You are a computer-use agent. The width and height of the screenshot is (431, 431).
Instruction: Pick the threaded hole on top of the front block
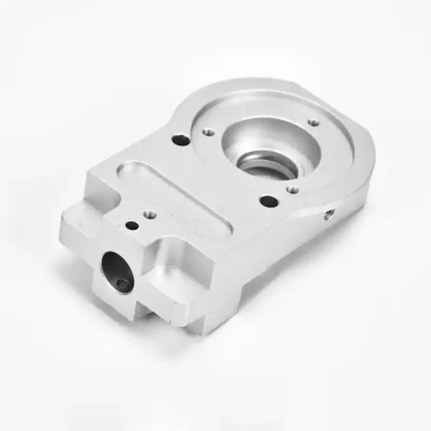(x=151, y=213)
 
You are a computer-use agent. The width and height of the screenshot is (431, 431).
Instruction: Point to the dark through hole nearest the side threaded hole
(x=267, y=202)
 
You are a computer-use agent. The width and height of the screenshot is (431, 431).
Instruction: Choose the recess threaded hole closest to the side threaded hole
(x=292, y=190)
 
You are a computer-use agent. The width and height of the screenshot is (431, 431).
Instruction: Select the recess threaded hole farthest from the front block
(x=314, y=122)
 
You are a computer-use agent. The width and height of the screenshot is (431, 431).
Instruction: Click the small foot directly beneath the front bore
(x=136, y=305)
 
